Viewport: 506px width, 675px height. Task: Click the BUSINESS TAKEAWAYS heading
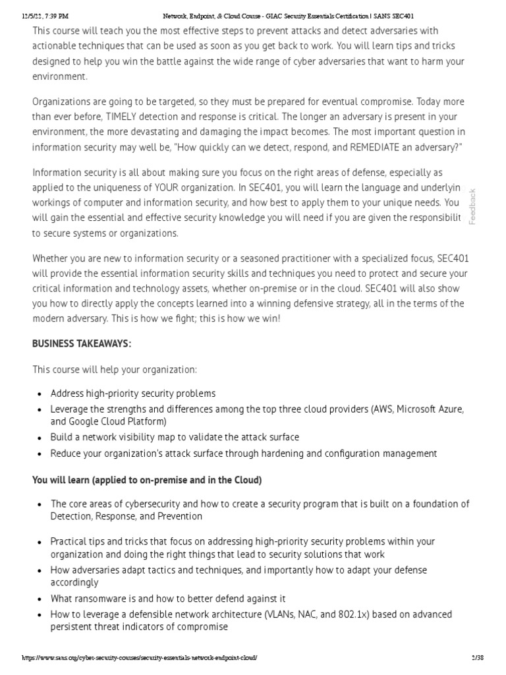(x=82, y=343)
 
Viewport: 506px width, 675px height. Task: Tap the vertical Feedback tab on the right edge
(x=472, y=206)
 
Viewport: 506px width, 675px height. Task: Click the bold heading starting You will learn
(x=147, y=481)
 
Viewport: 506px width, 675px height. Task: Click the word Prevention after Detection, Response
(x=179, y=516)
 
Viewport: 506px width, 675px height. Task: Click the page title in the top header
(x=279, y=16)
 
